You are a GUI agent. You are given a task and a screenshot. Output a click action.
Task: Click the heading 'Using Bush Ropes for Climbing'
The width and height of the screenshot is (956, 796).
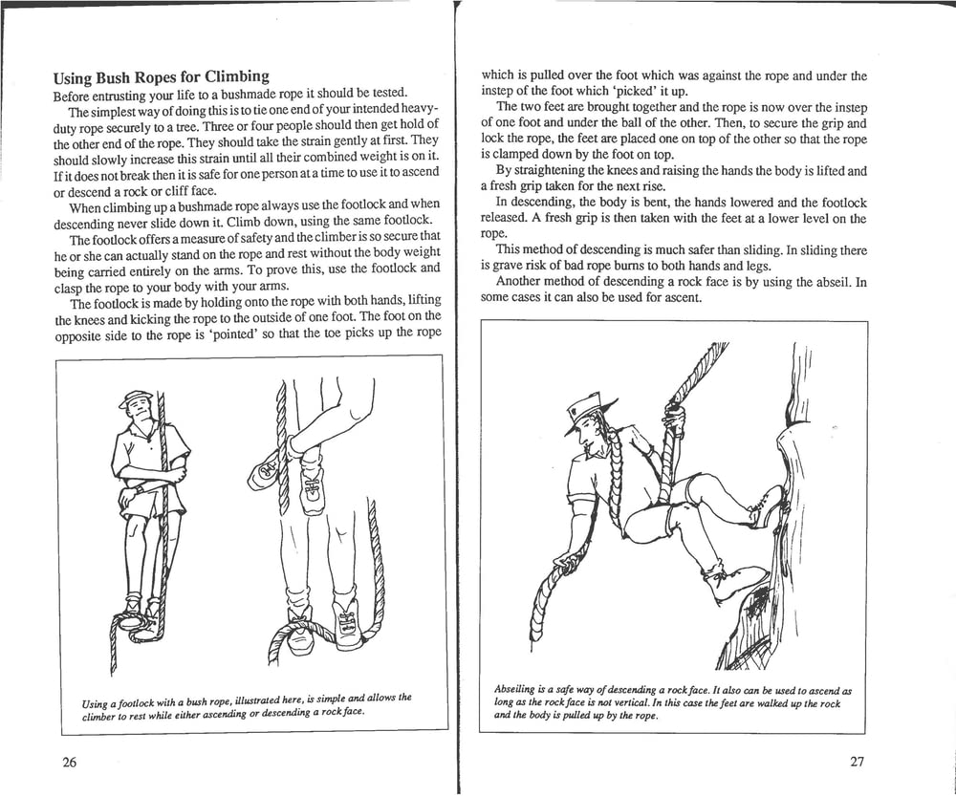point(161,76)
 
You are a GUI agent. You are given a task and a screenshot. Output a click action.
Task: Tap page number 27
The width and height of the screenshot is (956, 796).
point(856,762)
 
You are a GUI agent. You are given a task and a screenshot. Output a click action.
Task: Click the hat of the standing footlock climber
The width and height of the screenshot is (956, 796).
point(136,398)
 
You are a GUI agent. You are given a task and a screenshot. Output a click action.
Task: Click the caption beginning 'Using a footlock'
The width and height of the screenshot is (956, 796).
point(247,704)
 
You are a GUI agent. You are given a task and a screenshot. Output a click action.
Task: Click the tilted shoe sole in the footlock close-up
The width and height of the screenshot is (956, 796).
point(265,470)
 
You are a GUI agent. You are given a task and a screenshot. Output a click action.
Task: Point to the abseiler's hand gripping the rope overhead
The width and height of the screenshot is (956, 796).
point(674,418)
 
